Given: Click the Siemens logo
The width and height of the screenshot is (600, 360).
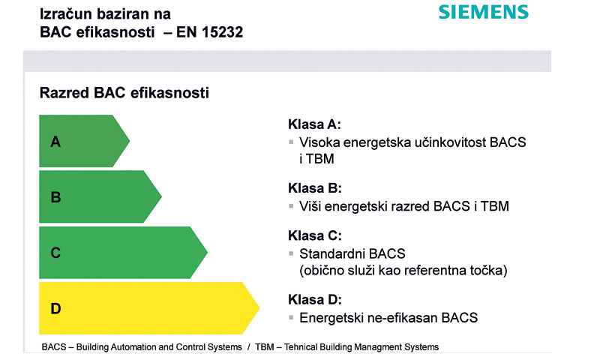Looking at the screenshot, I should point(483,12).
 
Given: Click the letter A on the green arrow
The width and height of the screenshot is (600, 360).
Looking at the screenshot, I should point(55,141).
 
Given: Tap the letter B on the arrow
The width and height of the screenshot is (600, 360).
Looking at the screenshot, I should point(55,197).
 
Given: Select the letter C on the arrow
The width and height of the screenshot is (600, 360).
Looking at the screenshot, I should point(55,253).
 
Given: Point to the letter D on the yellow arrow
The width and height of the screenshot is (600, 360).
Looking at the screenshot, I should point(55,308).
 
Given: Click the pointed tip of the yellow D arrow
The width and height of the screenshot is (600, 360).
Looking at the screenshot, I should point(258,308).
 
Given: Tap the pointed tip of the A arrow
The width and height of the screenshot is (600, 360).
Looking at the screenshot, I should point(129,141).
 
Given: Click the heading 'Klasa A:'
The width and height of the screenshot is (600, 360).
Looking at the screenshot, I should point(314,124).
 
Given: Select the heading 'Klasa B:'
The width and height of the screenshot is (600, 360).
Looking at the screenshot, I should point(314,188).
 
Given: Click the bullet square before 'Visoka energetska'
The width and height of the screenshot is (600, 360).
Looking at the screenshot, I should point(291,142).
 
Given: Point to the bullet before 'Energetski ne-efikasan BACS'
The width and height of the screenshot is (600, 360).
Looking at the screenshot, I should point(291,317).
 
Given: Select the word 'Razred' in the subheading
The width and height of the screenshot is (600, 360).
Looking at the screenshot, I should point(62,93).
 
